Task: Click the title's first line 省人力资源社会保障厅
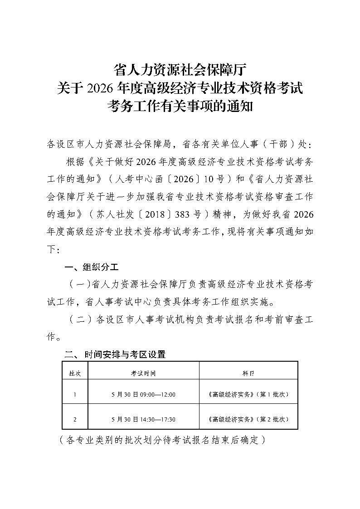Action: coord(180,69)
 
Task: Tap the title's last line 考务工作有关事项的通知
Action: coord(180,106)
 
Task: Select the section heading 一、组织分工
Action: coord(92,266)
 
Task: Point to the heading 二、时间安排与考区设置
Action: coord(116,354)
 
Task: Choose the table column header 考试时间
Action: coord(143,373)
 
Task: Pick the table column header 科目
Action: coord(248,373)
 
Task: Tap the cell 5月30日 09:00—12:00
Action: coord(143,394)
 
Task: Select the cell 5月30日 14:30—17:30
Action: coord(143,419)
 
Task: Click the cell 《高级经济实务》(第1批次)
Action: coord(248,394)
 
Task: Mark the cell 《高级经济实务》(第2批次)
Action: coord(248,419)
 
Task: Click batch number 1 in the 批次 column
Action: coord(75,394)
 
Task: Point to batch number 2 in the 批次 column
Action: coord(75,419)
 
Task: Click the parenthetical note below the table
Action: coord(161,440)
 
